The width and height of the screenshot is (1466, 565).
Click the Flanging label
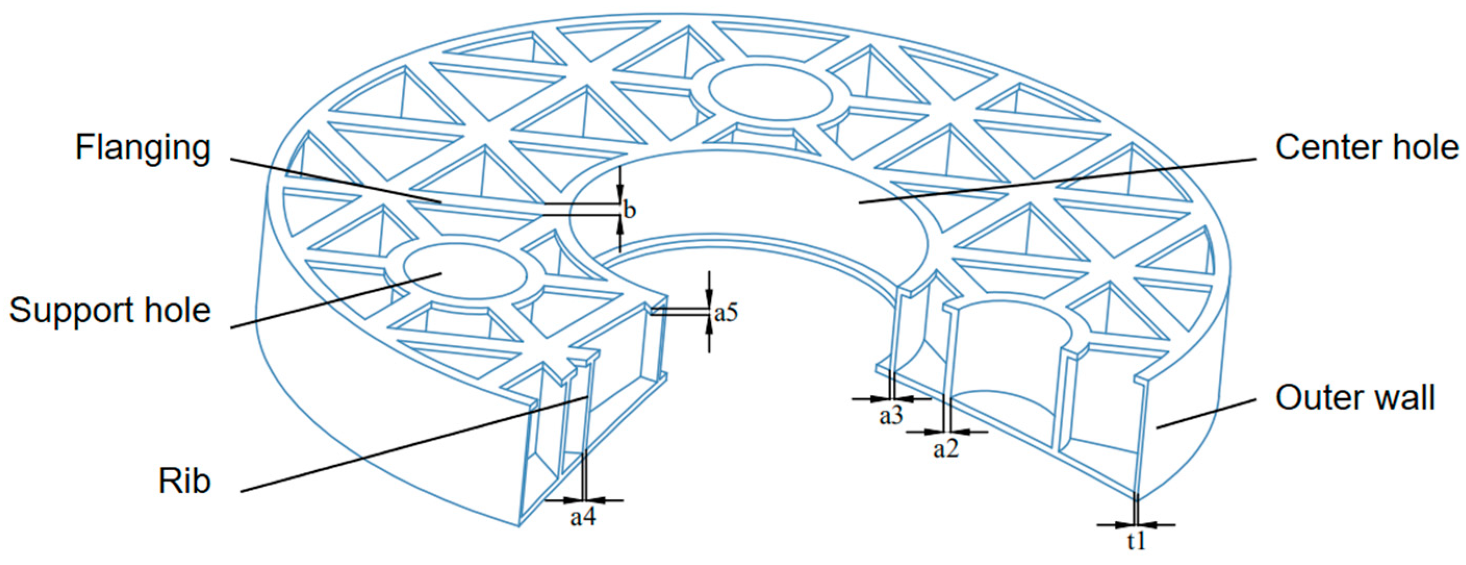click(x=143, y=148)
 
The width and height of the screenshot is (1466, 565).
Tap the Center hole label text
click(x=1367, y=147)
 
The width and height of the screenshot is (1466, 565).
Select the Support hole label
click(x=110, y=311)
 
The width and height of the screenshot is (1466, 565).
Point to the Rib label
click(x=184, y=482)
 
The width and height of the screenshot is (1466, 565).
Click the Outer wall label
click(x=1355, y=397)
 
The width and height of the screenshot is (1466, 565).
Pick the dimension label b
click(x=629, y=210)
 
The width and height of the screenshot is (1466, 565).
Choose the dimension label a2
click(x=946, y=449)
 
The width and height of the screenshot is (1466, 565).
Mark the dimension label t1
click(x=1136, y=542)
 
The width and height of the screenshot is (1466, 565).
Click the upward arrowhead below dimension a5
click(x=708, y=326)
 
